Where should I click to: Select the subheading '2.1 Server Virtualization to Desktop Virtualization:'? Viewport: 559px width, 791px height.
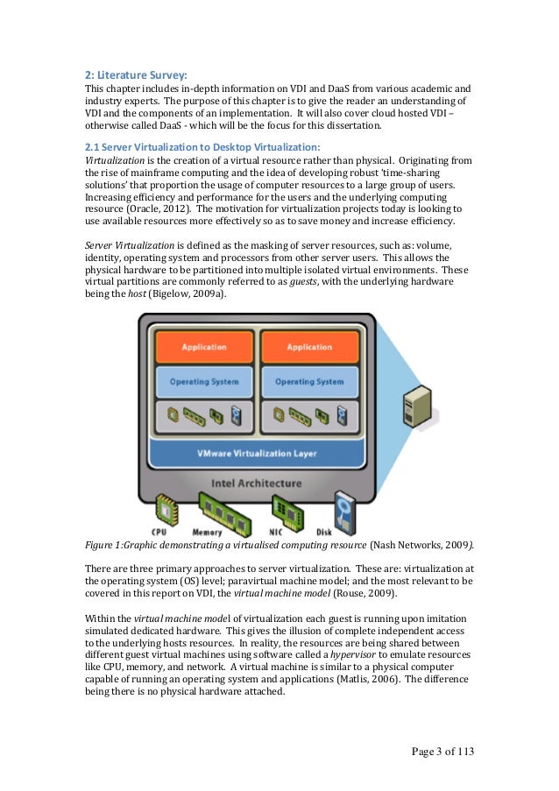[202, 145]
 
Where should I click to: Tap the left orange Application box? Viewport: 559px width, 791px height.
[202, 347]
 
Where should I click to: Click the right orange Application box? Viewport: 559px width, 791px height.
[308, 347]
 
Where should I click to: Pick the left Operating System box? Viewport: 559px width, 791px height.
[202, 382]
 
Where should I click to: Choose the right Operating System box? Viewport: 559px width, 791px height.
[308, 382]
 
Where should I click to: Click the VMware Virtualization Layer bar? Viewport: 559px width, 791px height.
[257, 453]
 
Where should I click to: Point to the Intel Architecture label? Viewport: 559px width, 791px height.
[257, 483]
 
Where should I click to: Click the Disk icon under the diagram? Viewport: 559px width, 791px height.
[343, 506]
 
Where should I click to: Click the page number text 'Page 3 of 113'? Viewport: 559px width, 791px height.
[448, 752]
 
